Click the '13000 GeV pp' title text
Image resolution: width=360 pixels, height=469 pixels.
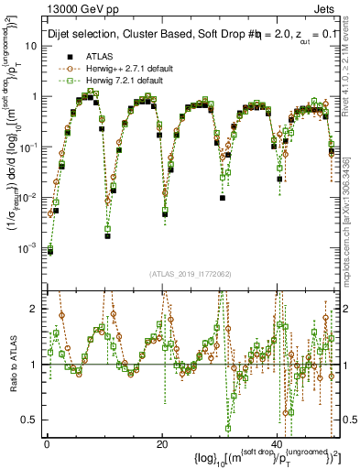tap(70, 8)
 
